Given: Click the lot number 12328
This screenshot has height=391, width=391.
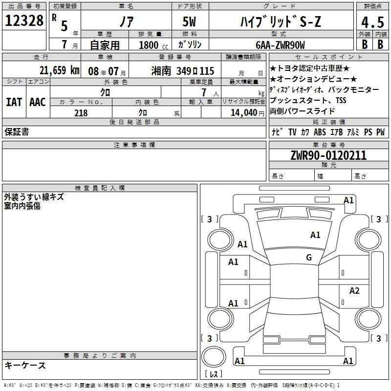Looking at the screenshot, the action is click(x=24, y=21).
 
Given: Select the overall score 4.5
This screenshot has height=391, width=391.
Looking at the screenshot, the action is click(x=372, y=22).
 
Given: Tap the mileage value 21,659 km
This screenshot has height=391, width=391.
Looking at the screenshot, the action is click(x=60, y=70).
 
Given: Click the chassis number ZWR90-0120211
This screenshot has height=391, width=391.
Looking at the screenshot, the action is click(x=328, y=155).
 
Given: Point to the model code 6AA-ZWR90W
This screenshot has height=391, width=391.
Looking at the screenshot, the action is click(x=280, y=45).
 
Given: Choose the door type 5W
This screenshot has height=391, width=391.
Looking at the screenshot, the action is click(x=189, y=22).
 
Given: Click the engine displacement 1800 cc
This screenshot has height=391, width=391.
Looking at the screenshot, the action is click(x=153, y=45).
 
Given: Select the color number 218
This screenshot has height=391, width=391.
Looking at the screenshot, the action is click(x=81, y=113).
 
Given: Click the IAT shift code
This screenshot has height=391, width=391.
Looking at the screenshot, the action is click(x=14, y=102).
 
